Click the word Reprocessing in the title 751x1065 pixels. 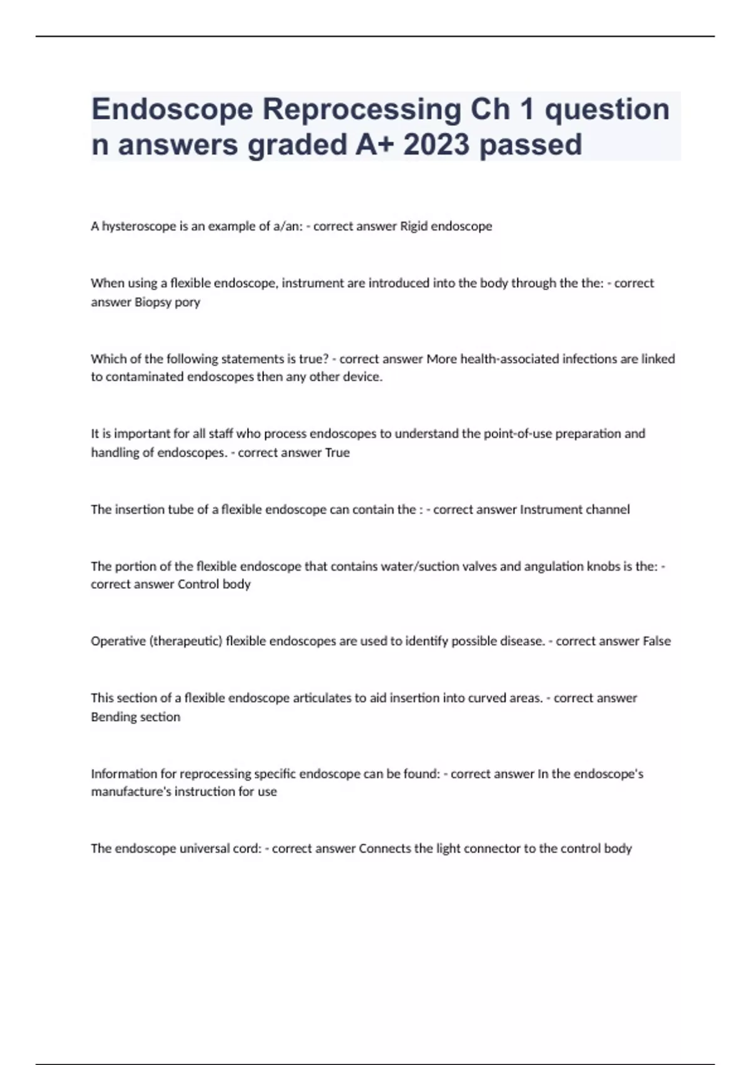(361, 109)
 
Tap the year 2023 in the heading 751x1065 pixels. (436, 145)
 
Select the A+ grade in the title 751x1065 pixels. (375, 145)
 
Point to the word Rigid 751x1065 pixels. (414, 226)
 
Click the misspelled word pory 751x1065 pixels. (187, 302)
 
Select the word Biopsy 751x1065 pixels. (153, 302)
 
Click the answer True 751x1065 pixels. (337, 452)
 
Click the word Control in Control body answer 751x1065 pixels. (198, 584)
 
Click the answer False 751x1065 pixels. (656, 641)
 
